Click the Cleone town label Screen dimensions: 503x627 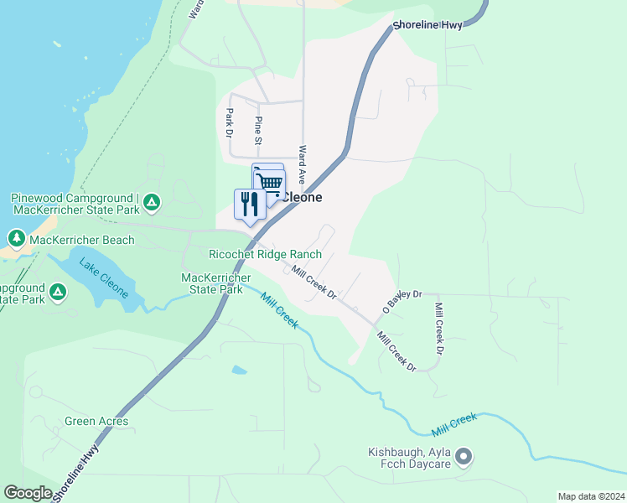(300, 198)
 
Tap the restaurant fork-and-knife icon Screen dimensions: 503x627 (250, 205)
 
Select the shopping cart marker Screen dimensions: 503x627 (269, 182)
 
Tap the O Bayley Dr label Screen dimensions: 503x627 (403, 298)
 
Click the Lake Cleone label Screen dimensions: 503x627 (104, 278)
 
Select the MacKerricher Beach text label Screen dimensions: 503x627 (82, 241)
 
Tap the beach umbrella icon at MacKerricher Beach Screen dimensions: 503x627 (16, 240)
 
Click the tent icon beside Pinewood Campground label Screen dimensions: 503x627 (152, 202)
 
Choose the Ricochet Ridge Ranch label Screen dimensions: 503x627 (265, 254)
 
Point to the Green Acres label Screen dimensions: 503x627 (96, 421)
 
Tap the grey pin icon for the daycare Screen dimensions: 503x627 (464, 457)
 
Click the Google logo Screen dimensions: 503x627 (28, 493)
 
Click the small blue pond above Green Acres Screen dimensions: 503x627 (240, 369)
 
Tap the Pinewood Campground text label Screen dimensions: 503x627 (73, 203)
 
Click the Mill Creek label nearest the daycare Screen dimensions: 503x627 (453, 424)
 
